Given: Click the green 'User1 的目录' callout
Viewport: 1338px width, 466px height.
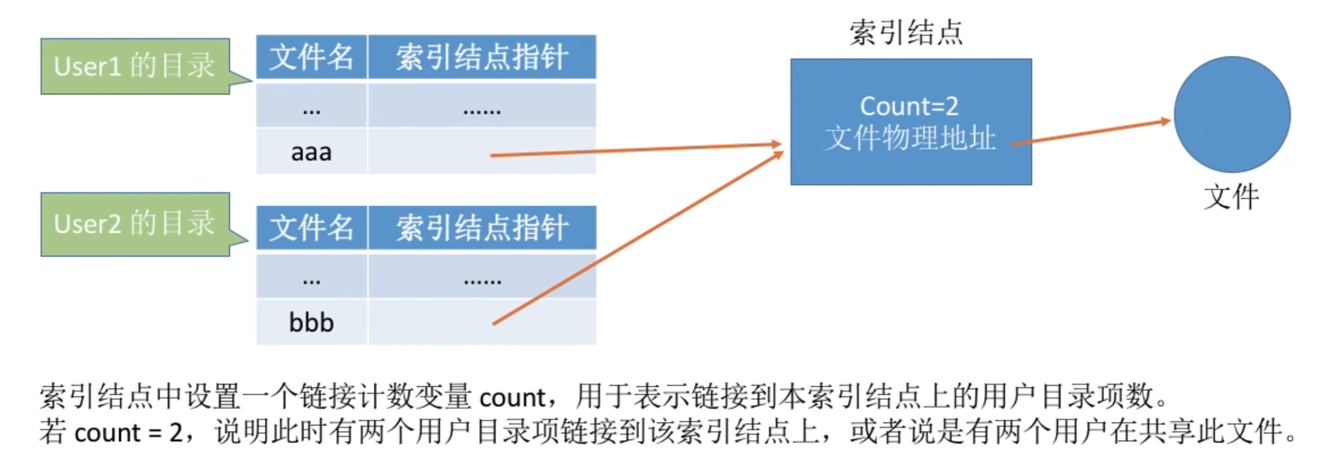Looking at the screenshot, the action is [134, 66].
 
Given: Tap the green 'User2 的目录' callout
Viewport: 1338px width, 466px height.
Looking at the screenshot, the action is [134, 224].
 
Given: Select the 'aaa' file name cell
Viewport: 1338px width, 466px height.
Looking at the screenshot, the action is [311, 152].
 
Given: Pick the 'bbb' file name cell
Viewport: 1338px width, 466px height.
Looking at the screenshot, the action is [311, 323].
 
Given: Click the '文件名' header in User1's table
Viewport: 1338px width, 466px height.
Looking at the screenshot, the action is [311, 57].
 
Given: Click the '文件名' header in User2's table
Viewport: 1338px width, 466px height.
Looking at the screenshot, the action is [311, 228].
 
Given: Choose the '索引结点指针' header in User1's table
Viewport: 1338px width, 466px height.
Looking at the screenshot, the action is [482, 57].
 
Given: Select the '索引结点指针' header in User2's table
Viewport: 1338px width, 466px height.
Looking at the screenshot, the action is [482, 228].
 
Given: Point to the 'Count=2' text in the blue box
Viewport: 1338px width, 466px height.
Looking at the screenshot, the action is [909, 106].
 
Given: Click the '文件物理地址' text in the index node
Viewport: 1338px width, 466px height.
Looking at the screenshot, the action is [910, 138].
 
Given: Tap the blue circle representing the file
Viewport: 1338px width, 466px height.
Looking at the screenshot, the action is [1231, 115].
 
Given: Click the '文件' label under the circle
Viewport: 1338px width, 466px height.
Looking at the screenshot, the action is [1231, 197].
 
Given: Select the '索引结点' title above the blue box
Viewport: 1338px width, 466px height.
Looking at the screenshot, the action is [906, 32].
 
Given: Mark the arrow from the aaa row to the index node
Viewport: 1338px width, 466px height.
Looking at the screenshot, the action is [635, 150].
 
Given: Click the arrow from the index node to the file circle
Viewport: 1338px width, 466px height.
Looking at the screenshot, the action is [1089, 132].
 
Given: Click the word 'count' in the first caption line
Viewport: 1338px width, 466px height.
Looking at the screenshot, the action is [512, 398].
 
